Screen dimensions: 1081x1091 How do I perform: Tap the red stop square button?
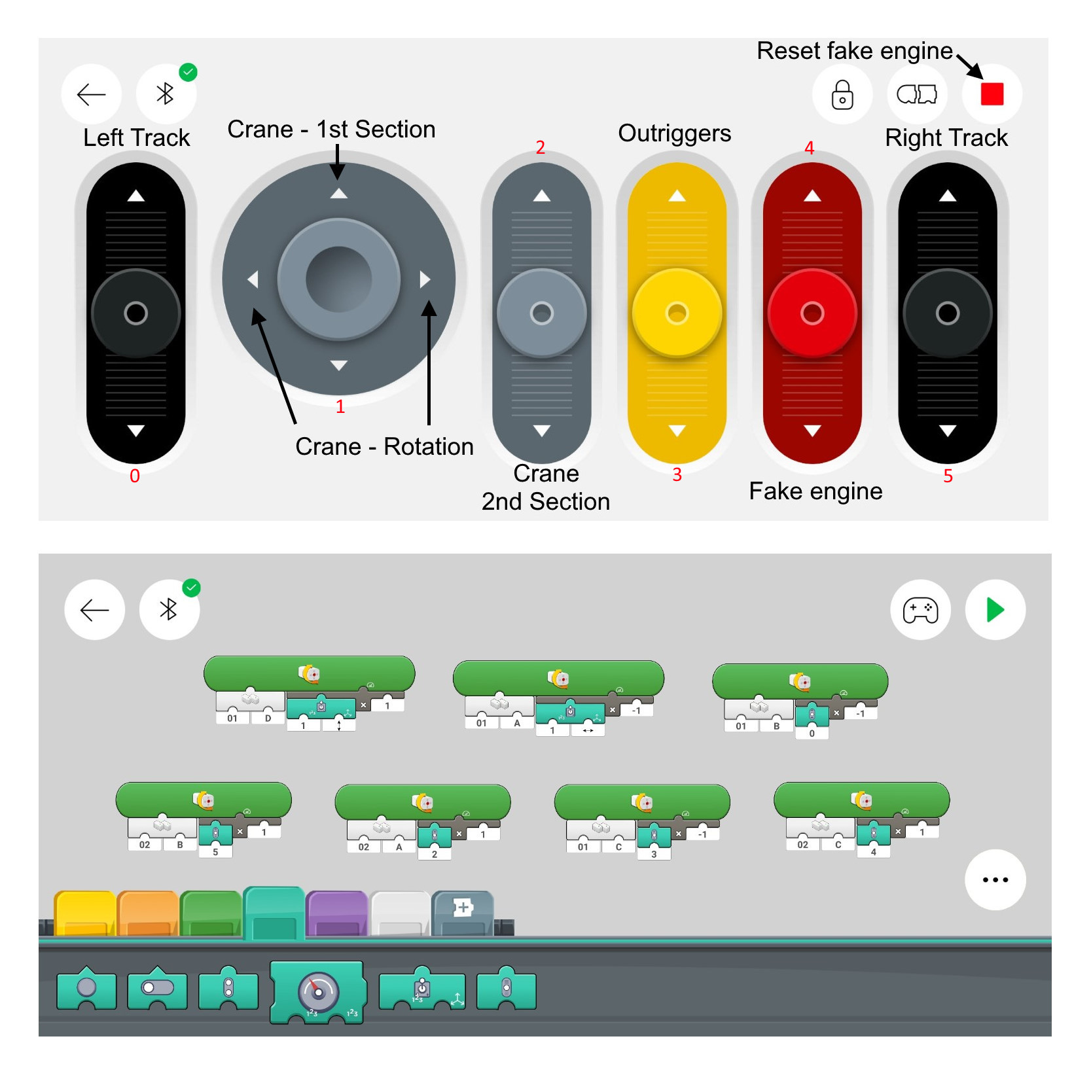pos(992,94)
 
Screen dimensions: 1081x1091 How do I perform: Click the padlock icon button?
pos(842,94)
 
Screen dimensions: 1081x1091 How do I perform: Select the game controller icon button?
pos(920,610)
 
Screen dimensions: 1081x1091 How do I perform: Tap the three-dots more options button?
pos(995,879)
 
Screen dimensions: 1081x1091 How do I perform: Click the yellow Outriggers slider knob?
pos(677,313)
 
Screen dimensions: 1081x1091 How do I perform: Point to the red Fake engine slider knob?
pos(812,313)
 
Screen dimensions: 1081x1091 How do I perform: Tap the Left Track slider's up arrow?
pos(135,196)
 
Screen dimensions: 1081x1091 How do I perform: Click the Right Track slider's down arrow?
pos(947,431)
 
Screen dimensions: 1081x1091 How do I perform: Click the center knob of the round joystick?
pos(338,279)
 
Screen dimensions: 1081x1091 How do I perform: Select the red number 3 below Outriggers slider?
pos(677,474)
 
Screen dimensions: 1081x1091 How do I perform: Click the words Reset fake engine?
pos(854,51)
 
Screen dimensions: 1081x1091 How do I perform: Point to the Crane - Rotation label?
pos(384,446)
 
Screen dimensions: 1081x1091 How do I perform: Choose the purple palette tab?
pos(336,913)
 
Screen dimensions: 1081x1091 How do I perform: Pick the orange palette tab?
pos(149,913)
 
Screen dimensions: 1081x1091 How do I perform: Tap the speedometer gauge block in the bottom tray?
pos(318,992)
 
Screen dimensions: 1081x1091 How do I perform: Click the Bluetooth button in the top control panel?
pos(166,94)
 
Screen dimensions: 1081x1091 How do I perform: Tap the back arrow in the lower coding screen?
pos(94,610)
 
